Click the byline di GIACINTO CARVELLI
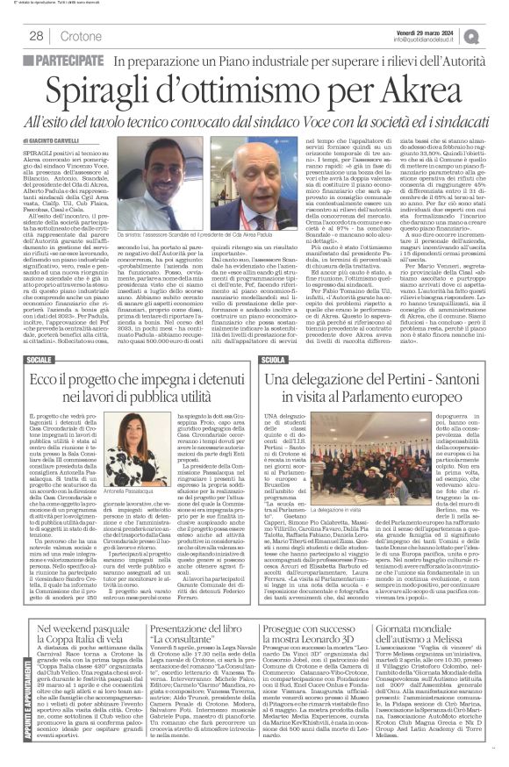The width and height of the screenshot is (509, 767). [x=59, y=140]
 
